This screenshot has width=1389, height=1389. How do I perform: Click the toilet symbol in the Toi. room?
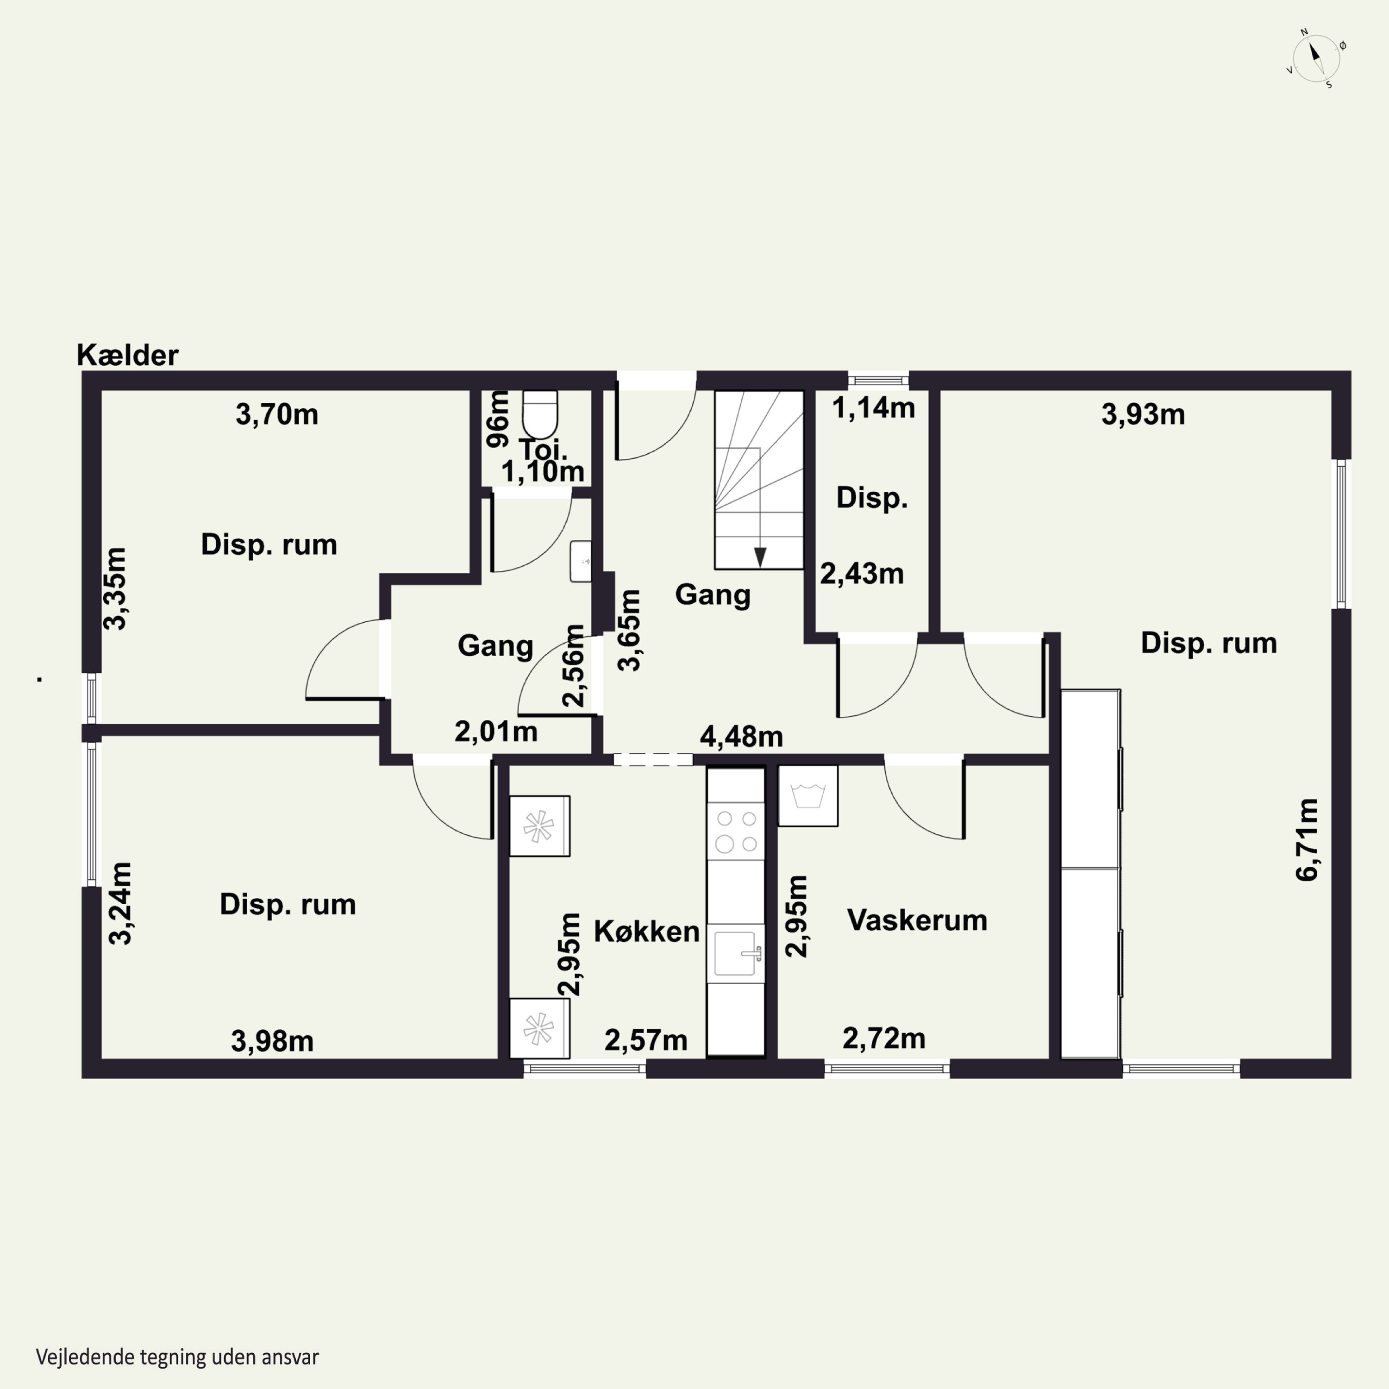coord(540,413)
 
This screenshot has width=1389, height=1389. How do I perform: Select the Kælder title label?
coord(127,355)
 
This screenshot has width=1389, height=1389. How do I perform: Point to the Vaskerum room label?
coord(917,920)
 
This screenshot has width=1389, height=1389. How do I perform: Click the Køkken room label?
coord(646,932)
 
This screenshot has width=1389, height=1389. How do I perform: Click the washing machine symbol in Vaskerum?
coord(808,796)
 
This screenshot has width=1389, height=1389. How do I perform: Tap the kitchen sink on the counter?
coord(736,953)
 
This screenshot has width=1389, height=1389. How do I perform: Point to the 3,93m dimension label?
coord(1143,415)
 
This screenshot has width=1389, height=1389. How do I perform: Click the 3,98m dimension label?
coord(273,1041)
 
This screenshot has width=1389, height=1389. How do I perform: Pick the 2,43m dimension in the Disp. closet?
coord(862,574)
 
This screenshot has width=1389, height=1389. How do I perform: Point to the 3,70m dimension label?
coord(277,415)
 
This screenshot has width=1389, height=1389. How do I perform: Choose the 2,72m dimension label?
coord(883,1038)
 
